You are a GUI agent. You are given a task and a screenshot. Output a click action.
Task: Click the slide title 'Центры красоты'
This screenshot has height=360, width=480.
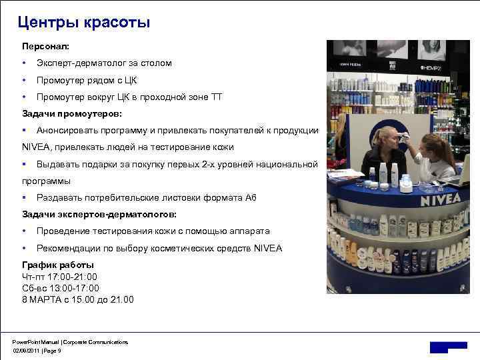pyautogui.click(x=84, y=23)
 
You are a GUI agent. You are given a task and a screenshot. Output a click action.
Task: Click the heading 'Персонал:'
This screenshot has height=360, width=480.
pyautogui.click(x=45, y=47)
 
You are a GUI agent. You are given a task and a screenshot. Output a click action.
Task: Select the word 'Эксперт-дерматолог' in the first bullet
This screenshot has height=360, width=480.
pyautogui.click(x=79, y=63)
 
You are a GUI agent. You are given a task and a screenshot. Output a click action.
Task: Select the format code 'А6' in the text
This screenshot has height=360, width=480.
pyautogui.click(x=250, y=198)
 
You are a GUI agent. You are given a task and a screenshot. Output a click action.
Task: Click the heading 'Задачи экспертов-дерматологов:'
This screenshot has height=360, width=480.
pyautogui.click(x=99, y=214)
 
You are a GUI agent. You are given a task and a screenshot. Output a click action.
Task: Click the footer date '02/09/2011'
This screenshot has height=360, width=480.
pyautogui.click(x=24, y=350)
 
